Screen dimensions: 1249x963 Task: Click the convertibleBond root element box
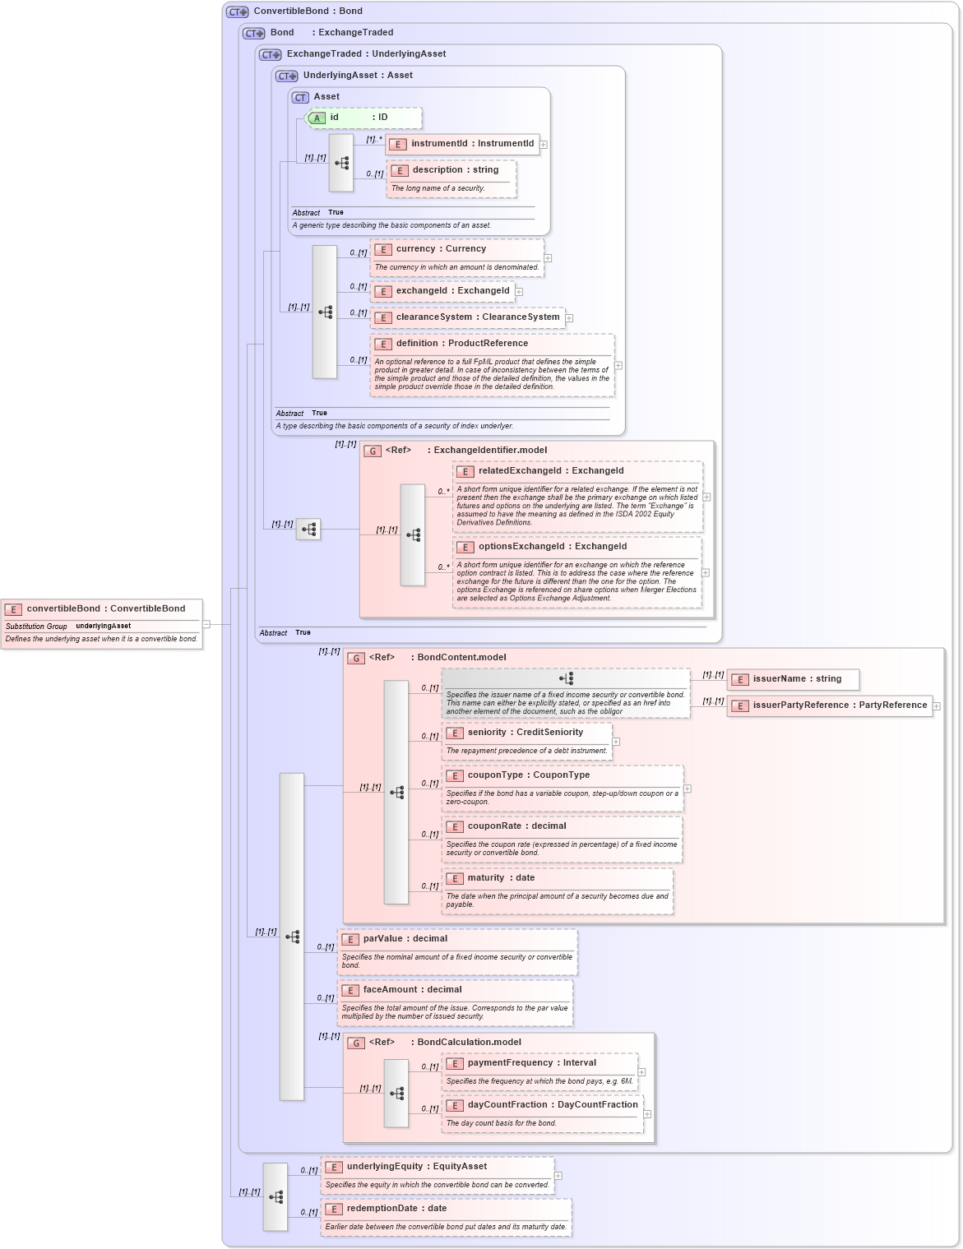pos(102,609)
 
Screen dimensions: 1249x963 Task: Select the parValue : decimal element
pos(405,939)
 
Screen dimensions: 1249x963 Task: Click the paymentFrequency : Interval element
pos(531,1063)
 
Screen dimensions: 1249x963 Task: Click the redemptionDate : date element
pos(396,1209)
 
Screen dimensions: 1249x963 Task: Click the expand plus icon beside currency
pos(548,258)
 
